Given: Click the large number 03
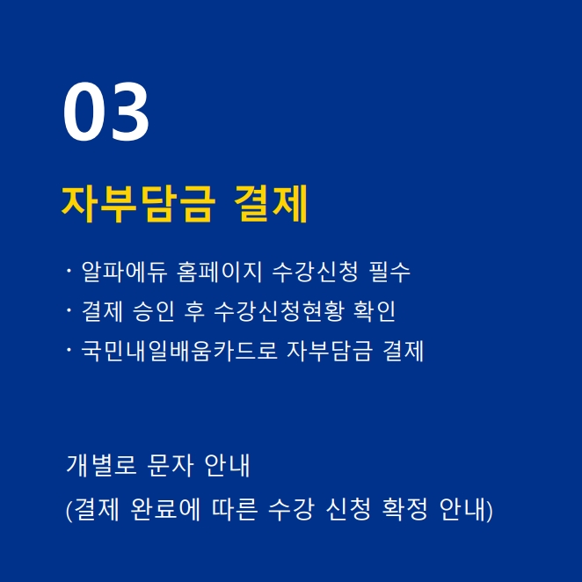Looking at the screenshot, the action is (106, 112).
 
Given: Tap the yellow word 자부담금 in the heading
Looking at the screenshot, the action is (138, 204).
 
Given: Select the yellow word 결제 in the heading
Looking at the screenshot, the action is (272, 204).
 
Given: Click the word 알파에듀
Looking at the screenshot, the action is (124, 272).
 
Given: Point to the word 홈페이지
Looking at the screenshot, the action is (220, 272).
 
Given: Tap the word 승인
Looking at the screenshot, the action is (153, 311).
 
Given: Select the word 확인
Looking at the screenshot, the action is (375, 311).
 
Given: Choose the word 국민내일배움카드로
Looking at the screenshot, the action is (179, 351).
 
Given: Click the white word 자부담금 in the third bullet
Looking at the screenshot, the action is (330, 351).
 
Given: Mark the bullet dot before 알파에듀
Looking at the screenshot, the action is (69, 271).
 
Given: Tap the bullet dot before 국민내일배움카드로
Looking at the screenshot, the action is (69, 350).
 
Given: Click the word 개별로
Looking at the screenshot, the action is (101, 465).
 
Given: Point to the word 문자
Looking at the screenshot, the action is (171, 465).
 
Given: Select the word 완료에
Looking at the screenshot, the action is (165, 509).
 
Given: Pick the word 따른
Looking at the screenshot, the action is (235, 509).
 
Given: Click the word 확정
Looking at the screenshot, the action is (405, 509).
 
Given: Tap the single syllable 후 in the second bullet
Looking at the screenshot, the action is (194, 311).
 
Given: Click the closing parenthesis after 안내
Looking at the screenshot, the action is (490, 510).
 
